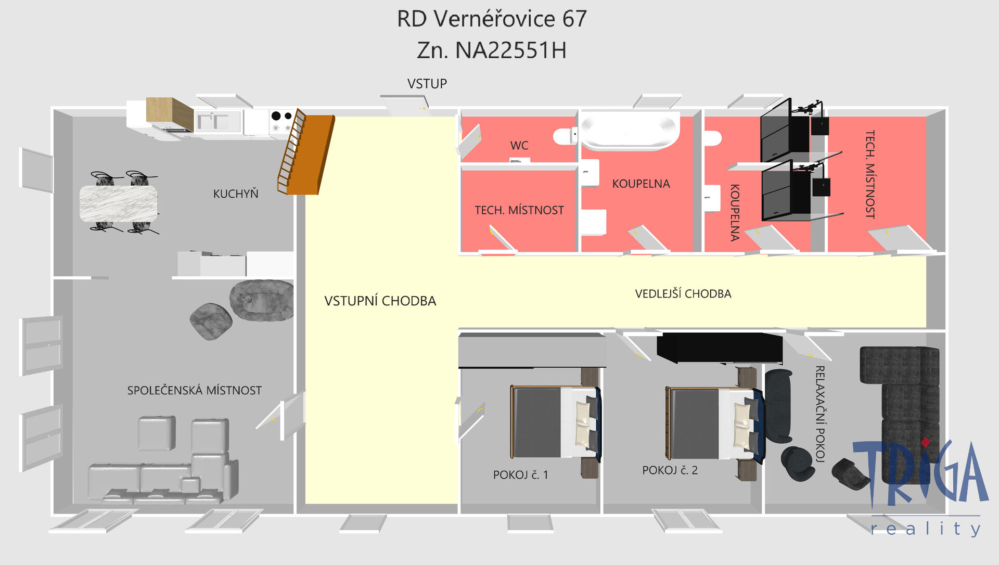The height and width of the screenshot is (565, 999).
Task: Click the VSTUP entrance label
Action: click(427, 84)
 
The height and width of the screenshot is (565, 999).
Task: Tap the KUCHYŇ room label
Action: click(236, 193)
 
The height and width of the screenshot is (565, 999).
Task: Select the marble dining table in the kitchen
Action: click(118, 203)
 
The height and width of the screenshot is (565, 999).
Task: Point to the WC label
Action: click(519, 146)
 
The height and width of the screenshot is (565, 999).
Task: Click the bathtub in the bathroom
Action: click(630, 131)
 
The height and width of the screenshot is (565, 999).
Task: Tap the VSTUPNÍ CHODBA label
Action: click(380, 301)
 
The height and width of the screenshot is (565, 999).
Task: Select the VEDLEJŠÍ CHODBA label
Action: click(683, 294)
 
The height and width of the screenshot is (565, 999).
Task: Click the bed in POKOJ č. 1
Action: click(556, 422)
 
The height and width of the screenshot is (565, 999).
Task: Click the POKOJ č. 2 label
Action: click(670, 470)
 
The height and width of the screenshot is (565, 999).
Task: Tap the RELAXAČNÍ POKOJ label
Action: click(819, 414)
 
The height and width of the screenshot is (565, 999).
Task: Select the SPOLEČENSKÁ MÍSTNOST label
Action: click(195, 390)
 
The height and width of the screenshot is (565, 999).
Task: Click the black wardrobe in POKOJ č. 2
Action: click(720, 347)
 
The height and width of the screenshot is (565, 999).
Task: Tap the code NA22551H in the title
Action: click(510, 50)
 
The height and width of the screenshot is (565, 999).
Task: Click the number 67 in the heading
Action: click(574, 19)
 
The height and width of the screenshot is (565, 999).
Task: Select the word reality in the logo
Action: click(926, 529)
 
